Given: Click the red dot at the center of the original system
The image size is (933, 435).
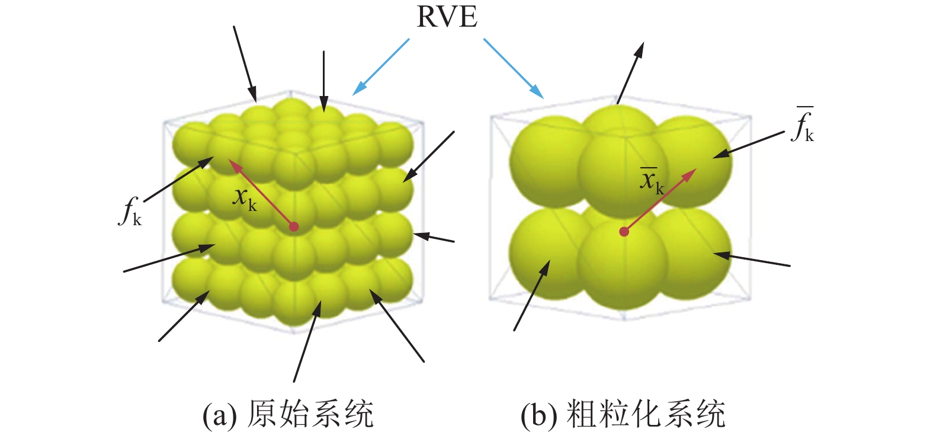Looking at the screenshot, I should tap(293, 226).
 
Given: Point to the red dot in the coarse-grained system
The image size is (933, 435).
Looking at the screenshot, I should tap(624, 232).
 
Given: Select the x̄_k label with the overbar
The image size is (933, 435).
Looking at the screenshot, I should tap(652, 180).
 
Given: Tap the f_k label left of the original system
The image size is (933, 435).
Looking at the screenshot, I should tap(130, 212).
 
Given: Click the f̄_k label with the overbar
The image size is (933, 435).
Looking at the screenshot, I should tap(803, 126).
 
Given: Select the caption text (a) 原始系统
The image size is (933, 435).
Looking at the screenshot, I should tap(288, 414).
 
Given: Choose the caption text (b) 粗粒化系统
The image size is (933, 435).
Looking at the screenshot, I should tap(623, 414).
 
